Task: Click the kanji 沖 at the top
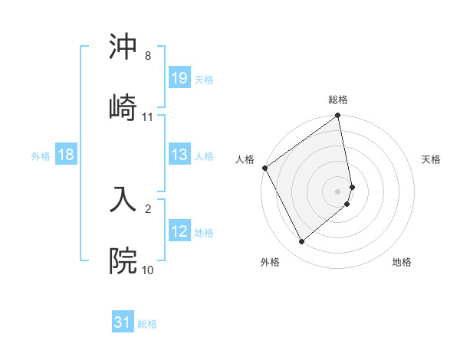coord(123,47)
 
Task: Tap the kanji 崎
coord(123,106)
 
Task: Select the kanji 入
coord(123,198)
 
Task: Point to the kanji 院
coord(123,260)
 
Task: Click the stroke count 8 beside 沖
coord(148,56)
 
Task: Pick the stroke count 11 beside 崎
coord(148,117)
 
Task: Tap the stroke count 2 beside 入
coord(148,208)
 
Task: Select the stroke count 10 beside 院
coord(148,270)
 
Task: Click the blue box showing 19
coord(179,78)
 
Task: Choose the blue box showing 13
coord(179,155)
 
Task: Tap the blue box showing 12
coord(179,231)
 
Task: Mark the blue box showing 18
coord(66,155)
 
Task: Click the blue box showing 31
coord(123,322)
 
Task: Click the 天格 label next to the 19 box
coord(204,79)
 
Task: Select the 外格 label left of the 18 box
coord(41,155)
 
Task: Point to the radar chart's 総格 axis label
coord(338,100)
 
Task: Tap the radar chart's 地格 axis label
coord(402,262)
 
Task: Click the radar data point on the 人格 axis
coord(264,168)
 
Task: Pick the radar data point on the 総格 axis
coord(338,116)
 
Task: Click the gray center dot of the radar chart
coord(338,191)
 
